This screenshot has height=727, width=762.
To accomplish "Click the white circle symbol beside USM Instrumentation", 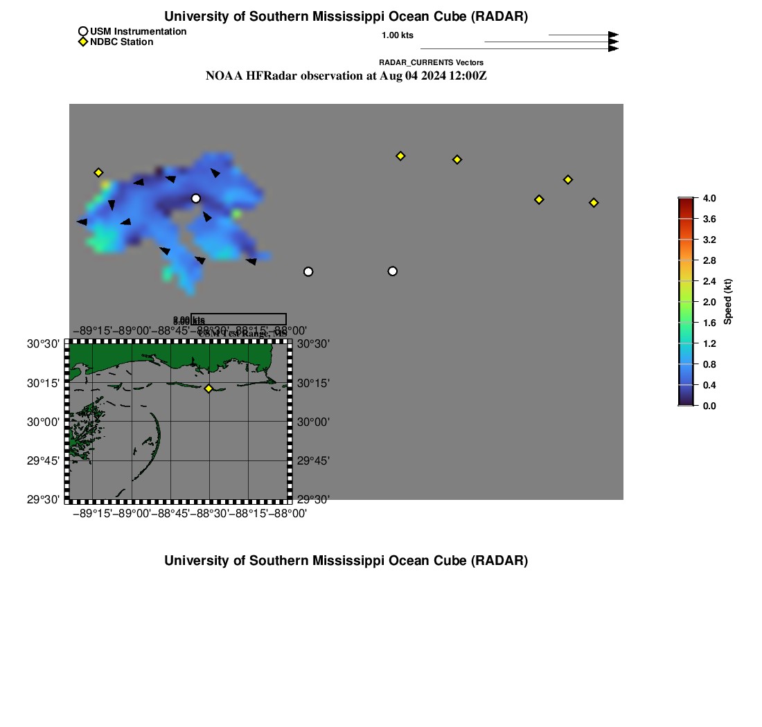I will click(83, 31).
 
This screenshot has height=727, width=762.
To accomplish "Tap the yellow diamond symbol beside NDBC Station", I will click(83, 42).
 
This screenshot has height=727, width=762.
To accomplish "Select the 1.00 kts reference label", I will click(398, 35).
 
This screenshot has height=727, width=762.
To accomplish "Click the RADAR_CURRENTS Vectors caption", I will click(431, 62).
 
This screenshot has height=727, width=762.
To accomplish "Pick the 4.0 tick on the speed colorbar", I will click(709, 199).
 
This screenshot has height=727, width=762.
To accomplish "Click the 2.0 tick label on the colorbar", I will click(709, 302).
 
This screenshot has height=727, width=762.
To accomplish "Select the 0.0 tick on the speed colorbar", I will click(709, 406).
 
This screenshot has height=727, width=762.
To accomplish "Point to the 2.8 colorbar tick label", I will click(709, 261).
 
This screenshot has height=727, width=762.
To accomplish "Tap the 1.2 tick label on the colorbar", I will click(709, 343).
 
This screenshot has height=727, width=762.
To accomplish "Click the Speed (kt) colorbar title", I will click(728, 301).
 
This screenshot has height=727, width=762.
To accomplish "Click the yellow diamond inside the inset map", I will click(209, 388).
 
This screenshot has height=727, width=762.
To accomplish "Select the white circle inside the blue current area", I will click(196, 199).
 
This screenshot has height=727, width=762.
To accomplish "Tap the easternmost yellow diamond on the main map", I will click(594, 203).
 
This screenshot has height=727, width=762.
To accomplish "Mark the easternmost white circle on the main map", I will click(393, 271).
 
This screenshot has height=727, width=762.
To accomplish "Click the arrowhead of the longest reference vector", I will click(613, 48).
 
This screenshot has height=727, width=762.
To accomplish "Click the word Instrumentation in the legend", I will click(149, 31).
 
